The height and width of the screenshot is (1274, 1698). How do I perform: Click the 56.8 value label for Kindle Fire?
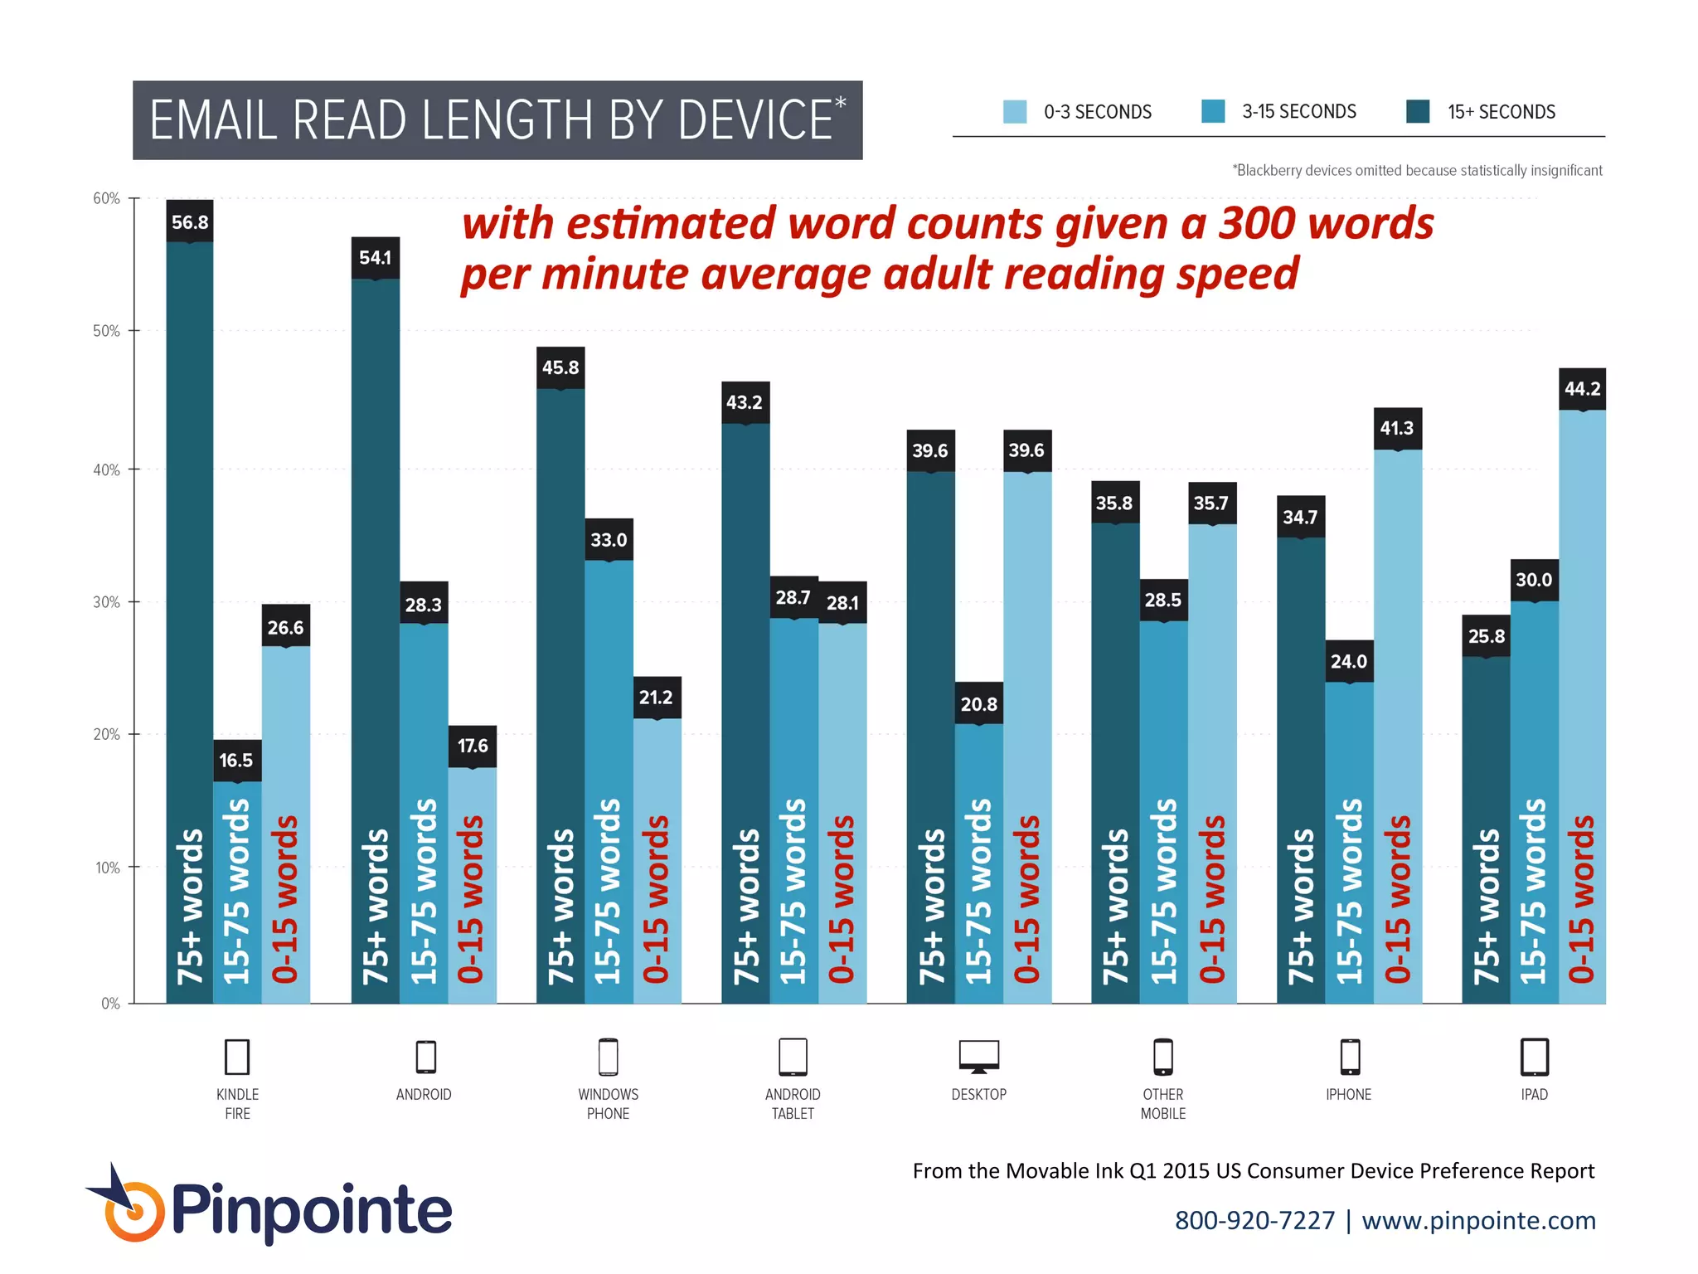coord(190,222)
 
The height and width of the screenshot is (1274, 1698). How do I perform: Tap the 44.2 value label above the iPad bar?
coord(1582,389)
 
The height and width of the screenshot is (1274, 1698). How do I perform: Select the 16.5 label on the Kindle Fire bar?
coord(236,761)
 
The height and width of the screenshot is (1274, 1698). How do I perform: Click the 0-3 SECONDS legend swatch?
coord(1015,112)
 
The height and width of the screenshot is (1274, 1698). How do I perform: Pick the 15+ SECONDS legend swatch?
coord(1418,112)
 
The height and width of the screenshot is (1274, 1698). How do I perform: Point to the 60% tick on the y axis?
coord(106,198)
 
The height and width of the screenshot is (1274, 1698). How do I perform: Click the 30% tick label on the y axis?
coord(106,602)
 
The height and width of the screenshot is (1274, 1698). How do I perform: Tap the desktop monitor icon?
coord(978,1057)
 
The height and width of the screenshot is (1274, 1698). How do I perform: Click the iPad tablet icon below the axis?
coord(1534,1057)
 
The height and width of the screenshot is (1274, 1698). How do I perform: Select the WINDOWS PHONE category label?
coord(608,1104)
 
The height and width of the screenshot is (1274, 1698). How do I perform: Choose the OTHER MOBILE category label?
coord(1162,1104)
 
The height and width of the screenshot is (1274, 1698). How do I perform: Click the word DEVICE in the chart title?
coord(754,120)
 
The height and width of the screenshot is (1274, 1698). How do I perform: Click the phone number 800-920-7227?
coord(1254,1220)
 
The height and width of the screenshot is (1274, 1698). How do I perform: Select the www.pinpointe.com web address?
coord(1478,1220)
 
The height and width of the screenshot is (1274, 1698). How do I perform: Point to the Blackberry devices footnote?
coord(1417,171)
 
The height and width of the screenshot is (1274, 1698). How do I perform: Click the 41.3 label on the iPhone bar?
coord(1397,428)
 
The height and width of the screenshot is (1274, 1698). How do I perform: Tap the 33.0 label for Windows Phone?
coord(609,540)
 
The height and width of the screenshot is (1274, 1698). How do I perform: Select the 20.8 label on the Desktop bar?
coord(978,704)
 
